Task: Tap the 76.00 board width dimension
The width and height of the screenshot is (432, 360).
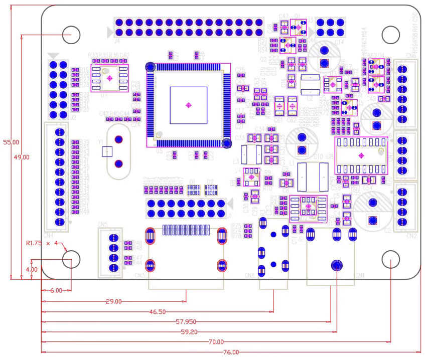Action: click(231, 352)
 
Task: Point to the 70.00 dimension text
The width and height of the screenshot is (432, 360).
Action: click(216, 342)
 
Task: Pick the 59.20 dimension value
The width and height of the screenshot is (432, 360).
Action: click(188, 332)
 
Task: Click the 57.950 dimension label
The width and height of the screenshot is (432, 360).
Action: click(186, 322)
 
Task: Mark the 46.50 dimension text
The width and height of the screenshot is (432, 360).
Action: click(158, 312)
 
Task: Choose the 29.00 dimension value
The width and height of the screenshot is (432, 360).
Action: click(113, 302)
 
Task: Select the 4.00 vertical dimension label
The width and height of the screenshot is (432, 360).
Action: click(32, 269)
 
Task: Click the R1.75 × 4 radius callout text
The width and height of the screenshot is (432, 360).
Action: click(43, 243)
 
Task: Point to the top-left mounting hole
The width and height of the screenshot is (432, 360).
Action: click(71, 35)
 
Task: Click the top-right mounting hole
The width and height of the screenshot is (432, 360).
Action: click(390, 35)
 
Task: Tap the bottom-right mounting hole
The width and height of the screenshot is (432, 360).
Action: click(390, 260)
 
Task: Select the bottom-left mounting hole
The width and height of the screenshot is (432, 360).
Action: click(71, 260)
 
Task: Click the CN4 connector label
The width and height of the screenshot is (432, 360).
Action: click(48, 235)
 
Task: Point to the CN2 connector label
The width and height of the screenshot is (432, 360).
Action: click(411, 236)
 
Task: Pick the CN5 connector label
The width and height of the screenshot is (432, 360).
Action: click(102, 224)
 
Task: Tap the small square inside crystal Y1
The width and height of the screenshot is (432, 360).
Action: click(106, 151)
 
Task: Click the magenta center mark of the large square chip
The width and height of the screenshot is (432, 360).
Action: click(188, 105)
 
